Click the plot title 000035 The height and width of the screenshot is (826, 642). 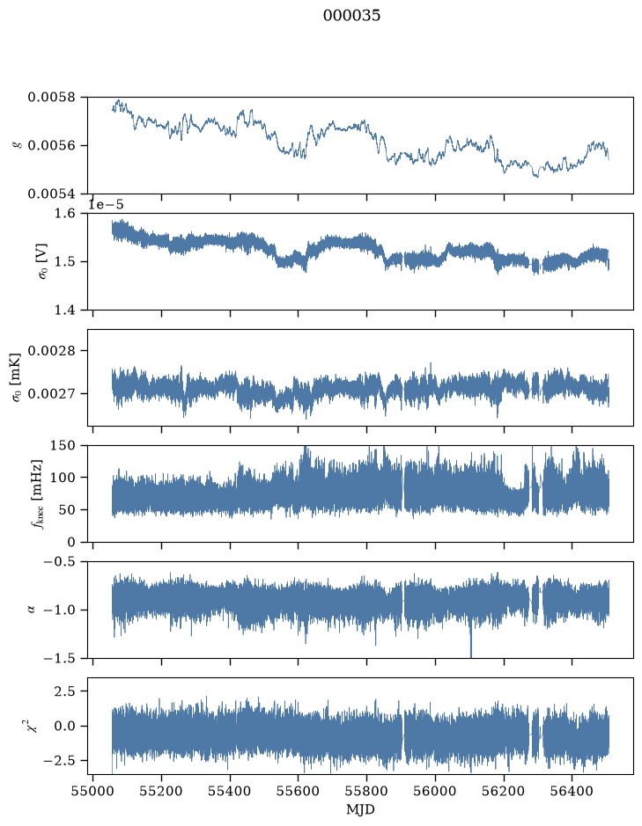[x=351, y=16]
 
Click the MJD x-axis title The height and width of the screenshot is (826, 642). [x=360, y=809]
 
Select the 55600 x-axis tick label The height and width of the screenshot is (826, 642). [x=298, y=791]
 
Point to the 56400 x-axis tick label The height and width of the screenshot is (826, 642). [x=572, y=791]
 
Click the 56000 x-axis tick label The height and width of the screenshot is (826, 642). [x=435, y=791]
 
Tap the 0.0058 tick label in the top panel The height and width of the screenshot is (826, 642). [x=51, y=98]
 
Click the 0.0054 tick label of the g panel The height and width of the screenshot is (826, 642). [x=51, y=194]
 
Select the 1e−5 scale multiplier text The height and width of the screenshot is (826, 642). [x=106, y=204]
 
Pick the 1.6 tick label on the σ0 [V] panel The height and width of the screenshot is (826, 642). [x=65, y=214]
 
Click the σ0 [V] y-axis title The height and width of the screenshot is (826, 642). [x=43, y=261]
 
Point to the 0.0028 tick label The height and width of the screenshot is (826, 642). [x=51, y=351]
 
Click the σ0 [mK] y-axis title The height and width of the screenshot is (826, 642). [x=17, y=377]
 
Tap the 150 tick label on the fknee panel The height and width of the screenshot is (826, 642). [x=63, y=446]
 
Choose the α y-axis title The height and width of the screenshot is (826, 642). [x=31, y=610]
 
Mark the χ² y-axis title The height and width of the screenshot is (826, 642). [x=33, y=726]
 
